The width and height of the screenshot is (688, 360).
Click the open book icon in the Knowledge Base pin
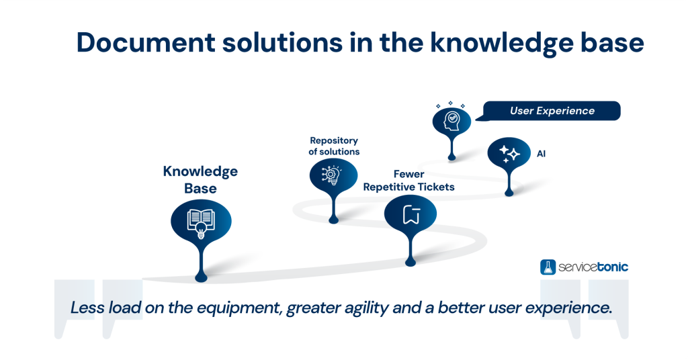[x=200, y=220]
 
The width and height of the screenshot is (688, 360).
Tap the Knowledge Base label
[x=200, y=179]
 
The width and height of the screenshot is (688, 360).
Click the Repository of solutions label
[x=334, y=146]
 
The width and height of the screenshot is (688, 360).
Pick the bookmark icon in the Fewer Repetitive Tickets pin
[x=411, y=215]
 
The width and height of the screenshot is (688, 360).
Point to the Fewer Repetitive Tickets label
[x=408, y=180]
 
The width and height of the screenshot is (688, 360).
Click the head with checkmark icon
[x=450, y=121]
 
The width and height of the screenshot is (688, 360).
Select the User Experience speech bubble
[x=552, y=111]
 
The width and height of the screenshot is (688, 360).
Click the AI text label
[x=541, y=154]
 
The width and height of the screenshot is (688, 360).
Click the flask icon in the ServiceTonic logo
[x=548, y=267]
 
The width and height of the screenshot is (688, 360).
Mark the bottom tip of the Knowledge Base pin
[x=200, y=277]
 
